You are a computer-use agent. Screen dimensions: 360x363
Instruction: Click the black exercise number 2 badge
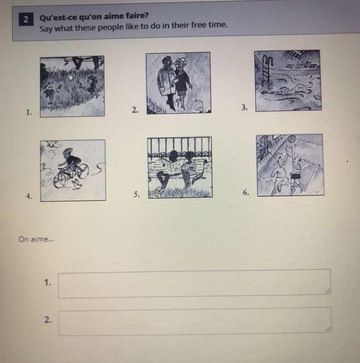[x=26, y=19]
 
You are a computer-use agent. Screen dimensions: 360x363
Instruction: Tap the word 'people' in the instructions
[x=109, y=27]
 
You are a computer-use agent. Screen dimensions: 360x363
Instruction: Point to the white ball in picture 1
[x=71, y=77]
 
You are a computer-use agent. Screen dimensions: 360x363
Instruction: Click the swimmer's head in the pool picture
[x=284, y=90]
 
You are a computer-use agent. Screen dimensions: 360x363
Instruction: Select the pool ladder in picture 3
[x=268, y=71]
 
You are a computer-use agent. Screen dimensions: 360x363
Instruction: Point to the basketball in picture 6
[x=292, y=140]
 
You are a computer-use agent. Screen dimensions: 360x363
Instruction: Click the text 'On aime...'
[x=36, y=239]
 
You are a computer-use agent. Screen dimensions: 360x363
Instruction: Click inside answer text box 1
[x=194, y=283]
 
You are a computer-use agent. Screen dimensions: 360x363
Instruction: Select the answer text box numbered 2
[x=195, y=321]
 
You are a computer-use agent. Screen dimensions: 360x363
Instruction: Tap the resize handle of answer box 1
[x=328, y=291]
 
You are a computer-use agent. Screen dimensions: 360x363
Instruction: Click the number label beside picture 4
[x=29, y=196]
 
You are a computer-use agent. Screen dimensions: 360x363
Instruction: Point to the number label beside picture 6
[x=246, y=192]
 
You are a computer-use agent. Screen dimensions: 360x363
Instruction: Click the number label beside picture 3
[x=245, y=107]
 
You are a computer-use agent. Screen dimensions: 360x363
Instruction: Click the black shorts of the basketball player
[x=295, y=176]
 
